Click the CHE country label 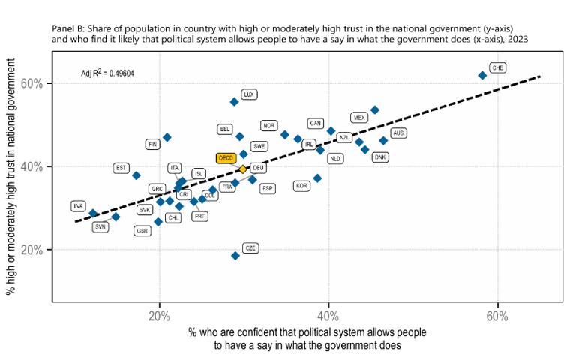click(497, 67)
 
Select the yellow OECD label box click(226, 158)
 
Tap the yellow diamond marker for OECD click(243, 169)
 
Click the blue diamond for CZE click(235, 256)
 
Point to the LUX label click(250, 94)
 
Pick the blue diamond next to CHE click(482, 75)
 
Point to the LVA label click(79, 205)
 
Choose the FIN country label click(153, 144)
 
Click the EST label click(121, 168)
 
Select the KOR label click(302, 185)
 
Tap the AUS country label click(398, 133)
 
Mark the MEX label click(359, 118)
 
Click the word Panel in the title click(64, 27)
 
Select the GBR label click(142, 231)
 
